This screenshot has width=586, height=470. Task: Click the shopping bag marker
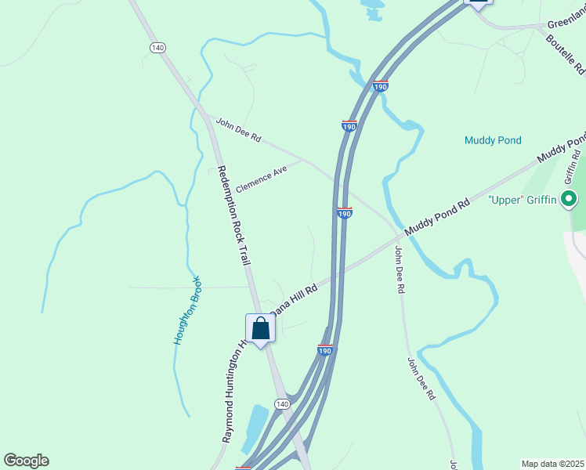point(261,329)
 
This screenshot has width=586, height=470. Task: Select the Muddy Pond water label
point(493,140)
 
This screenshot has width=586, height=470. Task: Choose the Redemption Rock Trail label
point(233,215)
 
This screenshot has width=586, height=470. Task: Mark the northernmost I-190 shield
point(381,87)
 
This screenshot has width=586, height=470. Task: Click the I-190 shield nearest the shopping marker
point(325,349)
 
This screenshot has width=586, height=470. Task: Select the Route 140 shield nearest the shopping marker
point(282,403)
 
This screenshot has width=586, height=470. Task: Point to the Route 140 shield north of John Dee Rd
point(157,48)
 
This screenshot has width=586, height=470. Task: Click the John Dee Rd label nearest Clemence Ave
point(238,130)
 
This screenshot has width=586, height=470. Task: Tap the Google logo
point(26,461)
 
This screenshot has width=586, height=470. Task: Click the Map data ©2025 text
point(552,464)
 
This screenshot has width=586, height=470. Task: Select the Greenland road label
point(563,23)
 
